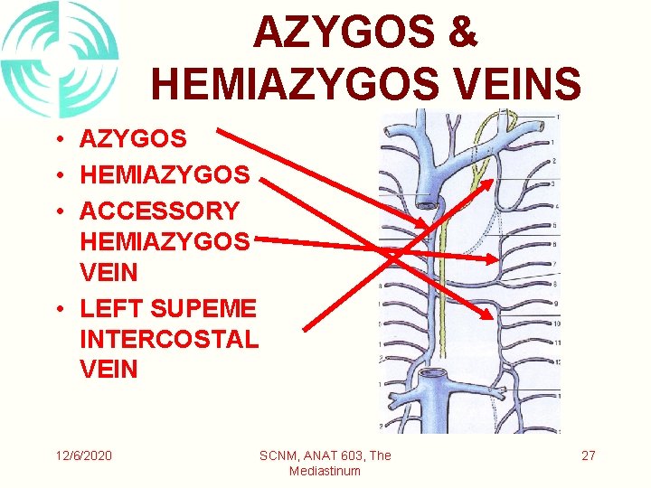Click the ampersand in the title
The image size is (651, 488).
[x=461, y=33]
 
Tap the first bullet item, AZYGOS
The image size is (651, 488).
[x=133, y=139]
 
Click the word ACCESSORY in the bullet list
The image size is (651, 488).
[x=159, y=211]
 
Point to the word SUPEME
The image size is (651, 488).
[x=205, y=308]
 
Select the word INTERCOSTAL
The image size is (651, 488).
[x=169, y=340]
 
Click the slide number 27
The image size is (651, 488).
[x=588, y=455]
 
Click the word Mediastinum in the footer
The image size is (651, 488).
[x=325, y=471]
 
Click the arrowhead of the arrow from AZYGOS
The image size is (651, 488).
[x=427, y=224]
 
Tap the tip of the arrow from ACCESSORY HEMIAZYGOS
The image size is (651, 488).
[x=494, y=258]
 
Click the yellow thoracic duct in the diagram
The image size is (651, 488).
[x=444, y=271]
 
